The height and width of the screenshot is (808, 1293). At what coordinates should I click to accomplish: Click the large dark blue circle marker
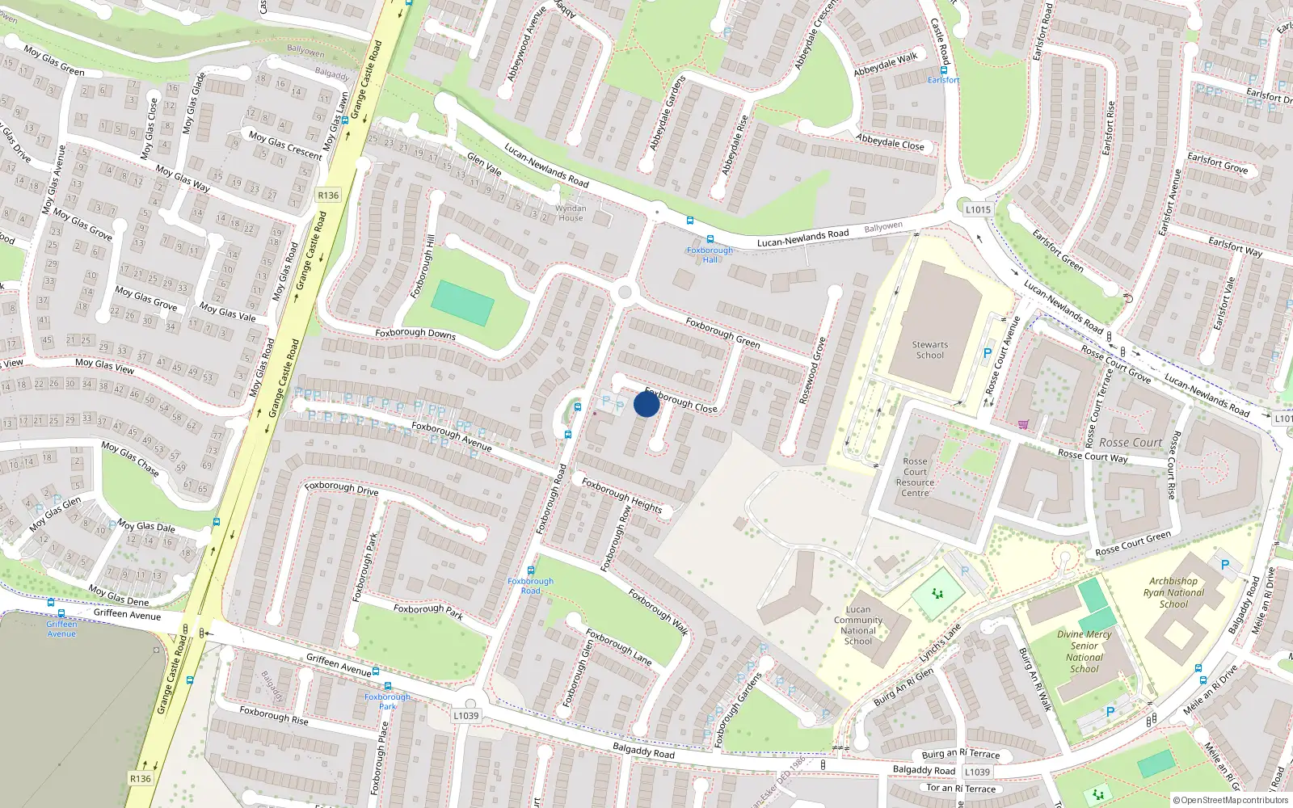(646, 404)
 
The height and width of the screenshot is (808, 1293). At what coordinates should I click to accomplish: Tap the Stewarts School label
(929, 350)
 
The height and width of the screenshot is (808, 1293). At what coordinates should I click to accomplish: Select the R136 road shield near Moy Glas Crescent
(328, 195)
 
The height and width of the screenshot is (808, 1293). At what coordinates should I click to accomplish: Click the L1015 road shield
(978, 209)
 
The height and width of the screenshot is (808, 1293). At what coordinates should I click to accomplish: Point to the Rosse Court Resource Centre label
(915, 477)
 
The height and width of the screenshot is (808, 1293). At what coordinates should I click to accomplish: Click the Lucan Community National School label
(858, 625)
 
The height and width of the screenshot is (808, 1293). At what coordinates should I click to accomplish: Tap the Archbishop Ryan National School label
(1173, 592)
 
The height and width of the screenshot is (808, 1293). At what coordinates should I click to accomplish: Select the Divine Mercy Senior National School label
(1085, 651)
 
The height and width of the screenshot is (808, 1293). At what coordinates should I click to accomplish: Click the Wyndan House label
(571, 213)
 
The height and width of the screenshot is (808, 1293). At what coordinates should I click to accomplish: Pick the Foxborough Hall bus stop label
(710, 255)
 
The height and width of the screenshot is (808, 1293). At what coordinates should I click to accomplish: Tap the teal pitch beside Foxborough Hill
(462, 303)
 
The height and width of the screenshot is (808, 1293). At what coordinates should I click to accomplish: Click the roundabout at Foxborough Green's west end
(624, 292)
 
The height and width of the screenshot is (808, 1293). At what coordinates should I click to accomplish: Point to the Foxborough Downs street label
(415, 333)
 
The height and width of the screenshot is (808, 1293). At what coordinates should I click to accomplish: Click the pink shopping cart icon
(1024, 423)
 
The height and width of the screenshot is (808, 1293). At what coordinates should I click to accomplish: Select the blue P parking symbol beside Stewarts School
(987, 353)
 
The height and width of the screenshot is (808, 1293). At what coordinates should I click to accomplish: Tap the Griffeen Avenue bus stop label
(61, 629)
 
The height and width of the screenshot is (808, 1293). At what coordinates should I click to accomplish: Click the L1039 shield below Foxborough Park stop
(465, 715)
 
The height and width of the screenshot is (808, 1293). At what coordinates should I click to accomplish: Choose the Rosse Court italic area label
(1130, 443)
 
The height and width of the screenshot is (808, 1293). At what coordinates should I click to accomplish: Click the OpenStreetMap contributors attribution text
(1231, 800)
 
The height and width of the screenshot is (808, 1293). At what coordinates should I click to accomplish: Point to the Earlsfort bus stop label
(943, 80)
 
